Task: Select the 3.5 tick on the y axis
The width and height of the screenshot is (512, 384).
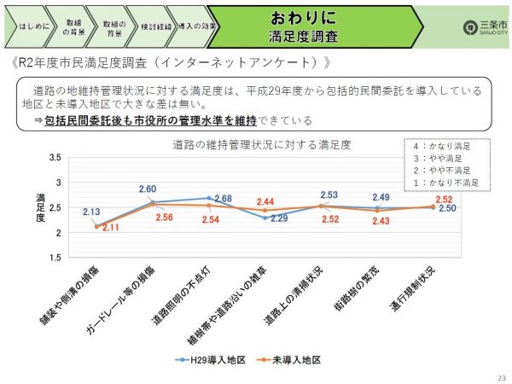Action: (55, 159)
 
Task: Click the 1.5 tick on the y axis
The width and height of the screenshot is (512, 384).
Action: (55, 257)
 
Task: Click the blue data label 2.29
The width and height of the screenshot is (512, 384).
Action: (280, 218)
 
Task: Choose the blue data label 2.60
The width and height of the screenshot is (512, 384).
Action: (147, 189)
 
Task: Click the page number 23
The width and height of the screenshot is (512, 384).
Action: (499, 376)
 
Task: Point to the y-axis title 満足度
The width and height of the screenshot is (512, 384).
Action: (40, 207)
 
